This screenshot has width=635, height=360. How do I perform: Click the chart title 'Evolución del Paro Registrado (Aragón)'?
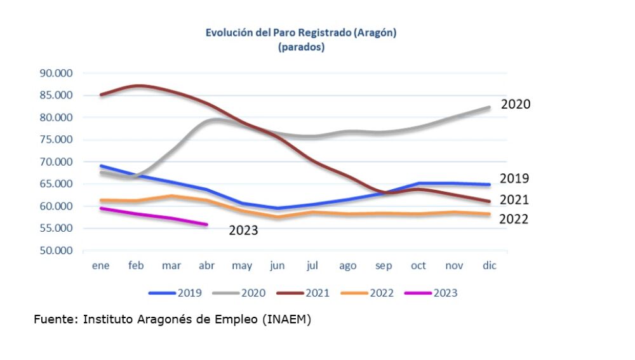(x=301, y=32)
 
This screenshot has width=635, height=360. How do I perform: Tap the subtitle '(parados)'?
(x=301, y=47)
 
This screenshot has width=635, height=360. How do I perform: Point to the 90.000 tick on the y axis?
(x=56, y=73)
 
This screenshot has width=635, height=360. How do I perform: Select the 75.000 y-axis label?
(x=56, y=140)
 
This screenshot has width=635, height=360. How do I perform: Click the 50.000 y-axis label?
(x=56, y=250)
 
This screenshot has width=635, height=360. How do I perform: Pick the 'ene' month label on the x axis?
(x=101, y=266)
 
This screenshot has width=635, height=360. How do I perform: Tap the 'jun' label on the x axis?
(x=277, y=266)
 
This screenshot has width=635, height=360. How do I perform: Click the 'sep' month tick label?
(x=383, y=266)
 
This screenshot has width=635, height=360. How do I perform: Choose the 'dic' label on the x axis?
(x=489, y=266)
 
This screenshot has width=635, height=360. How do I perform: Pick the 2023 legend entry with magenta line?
(x=444, y=293)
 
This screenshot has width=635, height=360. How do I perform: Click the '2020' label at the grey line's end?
(x=515, y=104)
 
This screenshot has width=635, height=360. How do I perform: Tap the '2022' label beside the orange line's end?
(x=514, y=219)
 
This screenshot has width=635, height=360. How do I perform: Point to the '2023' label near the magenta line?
(x=243, y=230)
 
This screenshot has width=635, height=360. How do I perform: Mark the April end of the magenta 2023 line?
(x=206, y=224)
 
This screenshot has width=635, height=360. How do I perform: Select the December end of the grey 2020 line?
(x=488, y=107)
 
